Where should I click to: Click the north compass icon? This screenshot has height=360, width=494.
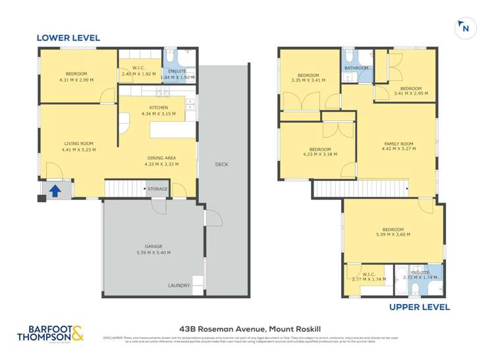point(466,28)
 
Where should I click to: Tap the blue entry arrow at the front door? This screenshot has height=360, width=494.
point(56,191)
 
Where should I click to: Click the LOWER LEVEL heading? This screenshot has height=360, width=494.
point(68,38)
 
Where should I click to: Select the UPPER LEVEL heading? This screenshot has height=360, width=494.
point(419,307)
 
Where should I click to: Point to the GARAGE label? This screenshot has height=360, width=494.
point(153,246)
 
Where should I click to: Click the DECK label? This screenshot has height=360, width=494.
point(221,165)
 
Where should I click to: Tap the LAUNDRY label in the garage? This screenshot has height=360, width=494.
point(178,286)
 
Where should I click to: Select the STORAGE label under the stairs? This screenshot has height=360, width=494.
point(157,190)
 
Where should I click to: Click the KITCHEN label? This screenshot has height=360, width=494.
point(158,107)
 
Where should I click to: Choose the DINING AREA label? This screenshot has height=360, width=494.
point(160,158)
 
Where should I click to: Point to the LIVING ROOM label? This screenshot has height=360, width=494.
point(78,143)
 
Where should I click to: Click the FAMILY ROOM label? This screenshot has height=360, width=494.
point(398,143)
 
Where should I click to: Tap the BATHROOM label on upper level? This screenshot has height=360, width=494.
point(356,68)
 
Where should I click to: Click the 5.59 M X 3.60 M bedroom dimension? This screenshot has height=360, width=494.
point(393,234)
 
